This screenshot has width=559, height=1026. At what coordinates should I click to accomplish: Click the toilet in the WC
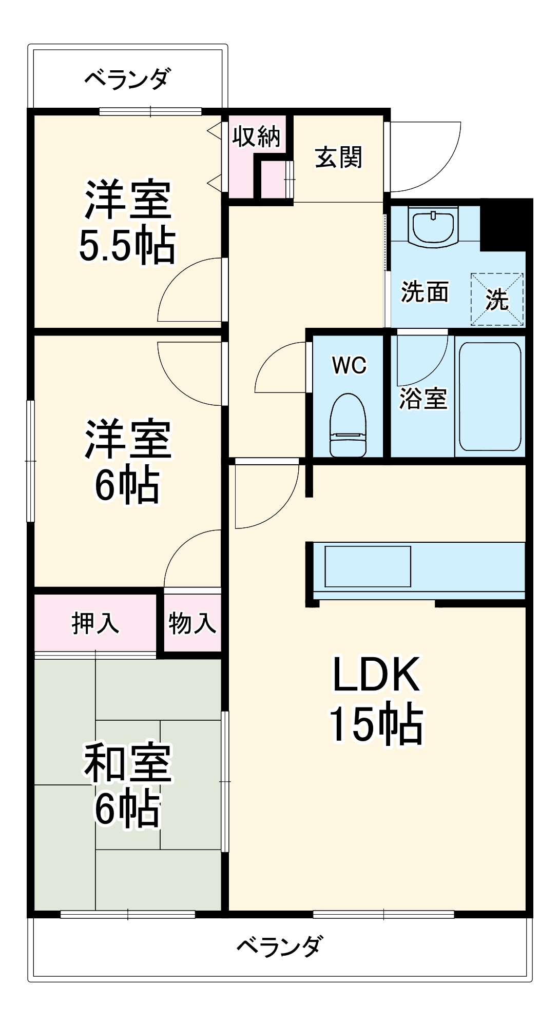click(348, 425)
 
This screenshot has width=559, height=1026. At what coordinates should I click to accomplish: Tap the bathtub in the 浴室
click(490, 396)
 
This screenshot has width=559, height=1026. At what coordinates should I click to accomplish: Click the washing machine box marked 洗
click(497, 300)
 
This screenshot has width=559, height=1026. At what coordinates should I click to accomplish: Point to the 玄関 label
click(338, 157)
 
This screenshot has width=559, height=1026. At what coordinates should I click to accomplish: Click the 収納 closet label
click(256, 137)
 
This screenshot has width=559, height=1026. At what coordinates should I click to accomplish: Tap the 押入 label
click(95, 623)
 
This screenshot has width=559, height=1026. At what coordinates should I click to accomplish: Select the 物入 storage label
click(192, 623)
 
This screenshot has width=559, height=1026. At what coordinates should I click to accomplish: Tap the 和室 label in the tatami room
click(127, 763)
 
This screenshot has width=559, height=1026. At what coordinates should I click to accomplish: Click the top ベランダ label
click(127, 80)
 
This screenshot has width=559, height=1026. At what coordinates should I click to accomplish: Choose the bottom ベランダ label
click(280, 945)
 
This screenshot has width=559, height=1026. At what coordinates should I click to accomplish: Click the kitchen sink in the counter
click(368, 566)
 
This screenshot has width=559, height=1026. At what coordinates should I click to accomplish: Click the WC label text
click(349, 365)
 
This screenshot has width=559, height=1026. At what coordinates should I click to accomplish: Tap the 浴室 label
click(423, 399)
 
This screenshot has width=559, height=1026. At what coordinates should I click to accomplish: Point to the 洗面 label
click(425, 292)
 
